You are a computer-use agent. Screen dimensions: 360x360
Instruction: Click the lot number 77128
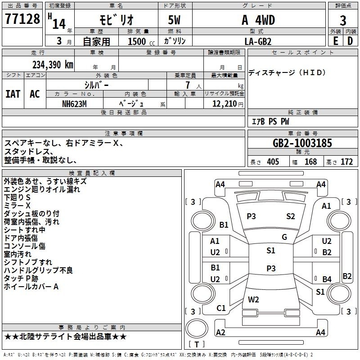coord(22,19)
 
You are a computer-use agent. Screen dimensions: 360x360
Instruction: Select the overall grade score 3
coord(343,20)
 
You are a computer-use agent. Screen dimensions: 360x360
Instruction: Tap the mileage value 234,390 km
coord(53,65)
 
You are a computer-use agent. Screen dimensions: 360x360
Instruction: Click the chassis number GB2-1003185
coord(302,143)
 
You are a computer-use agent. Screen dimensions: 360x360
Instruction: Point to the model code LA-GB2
coord(258,41)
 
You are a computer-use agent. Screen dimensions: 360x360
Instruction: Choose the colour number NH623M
coord(74,104)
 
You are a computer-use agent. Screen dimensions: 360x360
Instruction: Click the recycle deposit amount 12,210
coord(225,104)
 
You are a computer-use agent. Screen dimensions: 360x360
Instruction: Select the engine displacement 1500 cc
coord(141,41)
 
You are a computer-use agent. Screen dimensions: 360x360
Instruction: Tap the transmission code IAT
coord(13,94)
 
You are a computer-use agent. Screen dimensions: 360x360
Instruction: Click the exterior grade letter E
coord(336,41)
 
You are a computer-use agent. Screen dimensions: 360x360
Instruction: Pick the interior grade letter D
coord(350,41)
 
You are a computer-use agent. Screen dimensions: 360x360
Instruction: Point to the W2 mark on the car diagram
coord(253,299)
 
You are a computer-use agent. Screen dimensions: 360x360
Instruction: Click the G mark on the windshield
coord(284,237)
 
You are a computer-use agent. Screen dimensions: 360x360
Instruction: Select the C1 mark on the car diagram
coord(221,308)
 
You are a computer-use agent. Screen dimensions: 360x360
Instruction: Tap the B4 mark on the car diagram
coord(327,279)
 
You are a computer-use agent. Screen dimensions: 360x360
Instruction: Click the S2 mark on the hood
coord(290,216)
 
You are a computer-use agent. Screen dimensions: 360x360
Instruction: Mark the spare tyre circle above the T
coord(197,328)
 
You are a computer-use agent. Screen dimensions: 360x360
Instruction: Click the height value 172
coord(346,162)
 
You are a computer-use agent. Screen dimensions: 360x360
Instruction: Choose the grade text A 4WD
coord(258,20)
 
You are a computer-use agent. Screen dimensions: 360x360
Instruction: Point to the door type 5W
coord(174,20)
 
